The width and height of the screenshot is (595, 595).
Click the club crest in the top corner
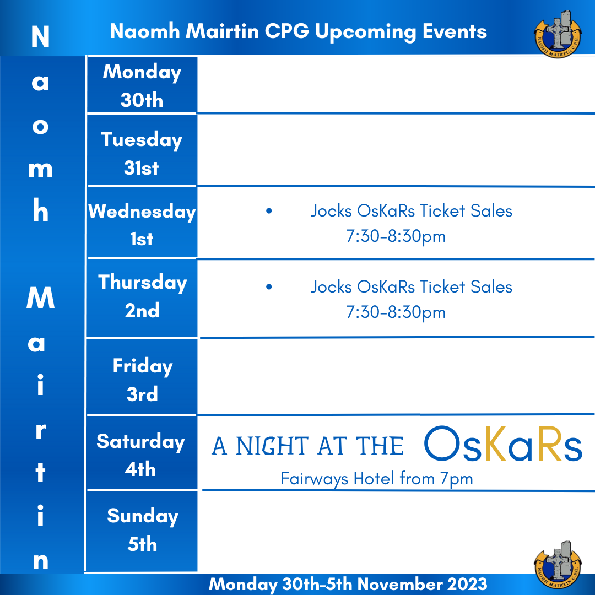pos(558,34)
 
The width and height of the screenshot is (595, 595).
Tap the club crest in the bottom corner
pos(558,564)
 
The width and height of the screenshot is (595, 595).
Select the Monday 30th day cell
pos(142,85)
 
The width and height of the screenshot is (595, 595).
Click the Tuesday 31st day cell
pos(142,149)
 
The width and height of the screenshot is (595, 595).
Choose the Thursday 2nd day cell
pos(142,297)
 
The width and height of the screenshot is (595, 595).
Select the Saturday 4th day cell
pos(142,453)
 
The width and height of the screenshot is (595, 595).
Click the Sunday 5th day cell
pos(142,531)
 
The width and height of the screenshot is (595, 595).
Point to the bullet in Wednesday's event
pos(269,211)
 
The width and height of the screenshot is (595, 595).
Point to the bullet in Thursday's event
pos(269,287)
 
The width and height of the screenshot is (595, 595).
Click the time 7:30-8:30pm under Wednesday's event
pos(396,236)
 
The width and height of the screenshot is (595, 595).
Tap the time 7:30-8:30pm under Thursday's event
pos(396,312)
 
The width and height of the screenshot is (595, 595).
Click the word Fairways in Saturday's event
pos(314,479)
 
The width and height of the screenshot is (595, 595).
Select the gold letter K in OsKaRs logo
pos(495,443)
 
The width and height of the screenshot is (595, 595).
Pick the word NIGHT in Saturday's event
pos(272,446)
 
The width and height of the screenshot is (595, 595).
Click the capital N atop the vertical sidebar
pos(40,36)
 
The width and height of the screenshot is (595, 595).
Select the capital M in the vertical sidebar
pos(41,297)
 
